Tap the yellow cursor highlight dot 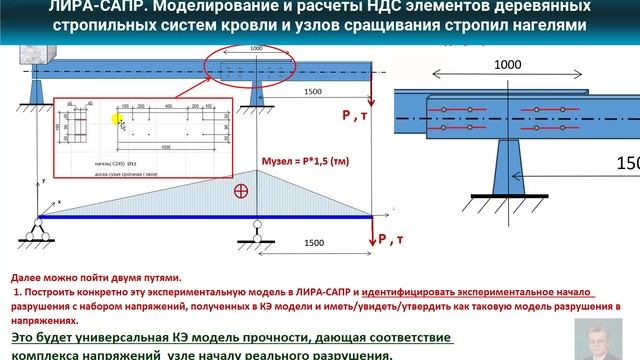118,120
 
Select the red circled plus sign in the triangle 241,190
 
